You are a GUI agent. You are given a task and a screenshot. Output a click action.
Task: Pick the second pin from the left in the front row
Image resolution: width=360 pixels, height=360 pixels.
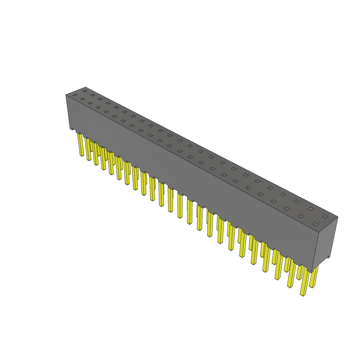tap(88, 149)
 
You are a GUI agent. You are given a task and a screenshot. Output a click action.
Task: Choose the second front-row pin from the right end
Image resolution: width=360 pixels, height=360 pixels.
tap(291, 274)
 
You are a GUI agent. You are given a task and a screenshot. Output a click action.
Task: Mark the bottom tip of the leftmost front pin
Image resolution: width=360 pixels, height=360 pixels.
tap(82, 155)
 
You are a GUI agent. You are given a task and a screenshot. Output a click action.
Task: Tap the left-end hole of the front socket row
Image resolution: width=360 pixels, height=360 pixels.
tap(75, 95)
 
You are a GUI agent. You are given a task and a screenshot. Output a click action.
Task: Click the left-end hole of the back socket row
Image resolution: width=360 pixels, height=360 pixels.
tap(85, 91)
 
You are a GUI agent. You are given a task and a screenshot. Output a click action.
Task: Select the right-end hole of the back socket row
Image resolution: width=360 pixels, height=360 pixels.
tap(325, 216)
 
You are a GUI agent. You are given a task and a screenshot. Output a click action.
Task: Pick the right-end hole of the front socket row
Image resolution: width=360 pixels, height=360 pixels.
tap(315, 224)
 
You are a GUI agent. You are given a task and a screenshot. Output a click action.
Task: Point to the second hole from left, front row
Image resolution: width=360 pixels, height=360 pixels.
tap(82, 99)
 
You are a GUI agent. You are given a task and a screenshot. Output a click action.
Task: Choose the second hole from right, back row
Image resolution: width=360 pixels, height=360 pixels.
tap(310, 208)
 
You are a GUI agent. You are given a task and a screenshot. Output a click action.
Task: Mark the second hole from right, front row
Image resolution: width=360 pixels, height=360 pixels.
tap(301, 216)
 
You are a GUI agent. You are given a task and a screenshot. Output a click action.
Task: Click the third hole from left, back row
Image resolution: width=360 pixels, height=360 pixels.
tap(100, 99)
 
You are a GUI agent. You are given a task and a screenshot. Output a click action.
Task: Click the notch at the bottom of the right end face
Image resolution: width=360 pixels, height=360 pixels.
tap(328, 257)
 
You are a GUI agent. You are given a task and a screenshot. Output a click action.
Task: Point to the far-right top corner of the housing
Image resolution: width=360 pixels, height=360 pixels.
tap(338, 217)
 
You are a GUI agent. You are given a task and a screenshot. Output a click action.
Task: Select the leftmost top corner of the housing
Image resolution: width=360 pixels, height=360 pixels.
tap(66, 95)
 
